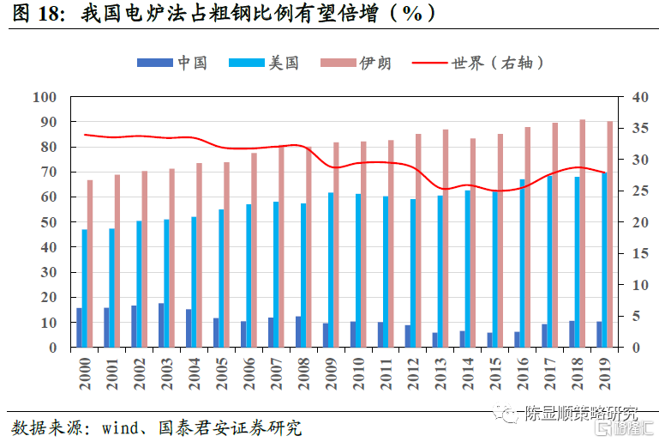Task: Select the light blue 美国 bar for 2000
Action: click(85, 288)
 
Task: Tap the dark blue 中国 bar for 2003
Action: click(161, 325)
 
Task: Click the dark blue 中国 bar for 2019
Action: click(599, 335)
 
